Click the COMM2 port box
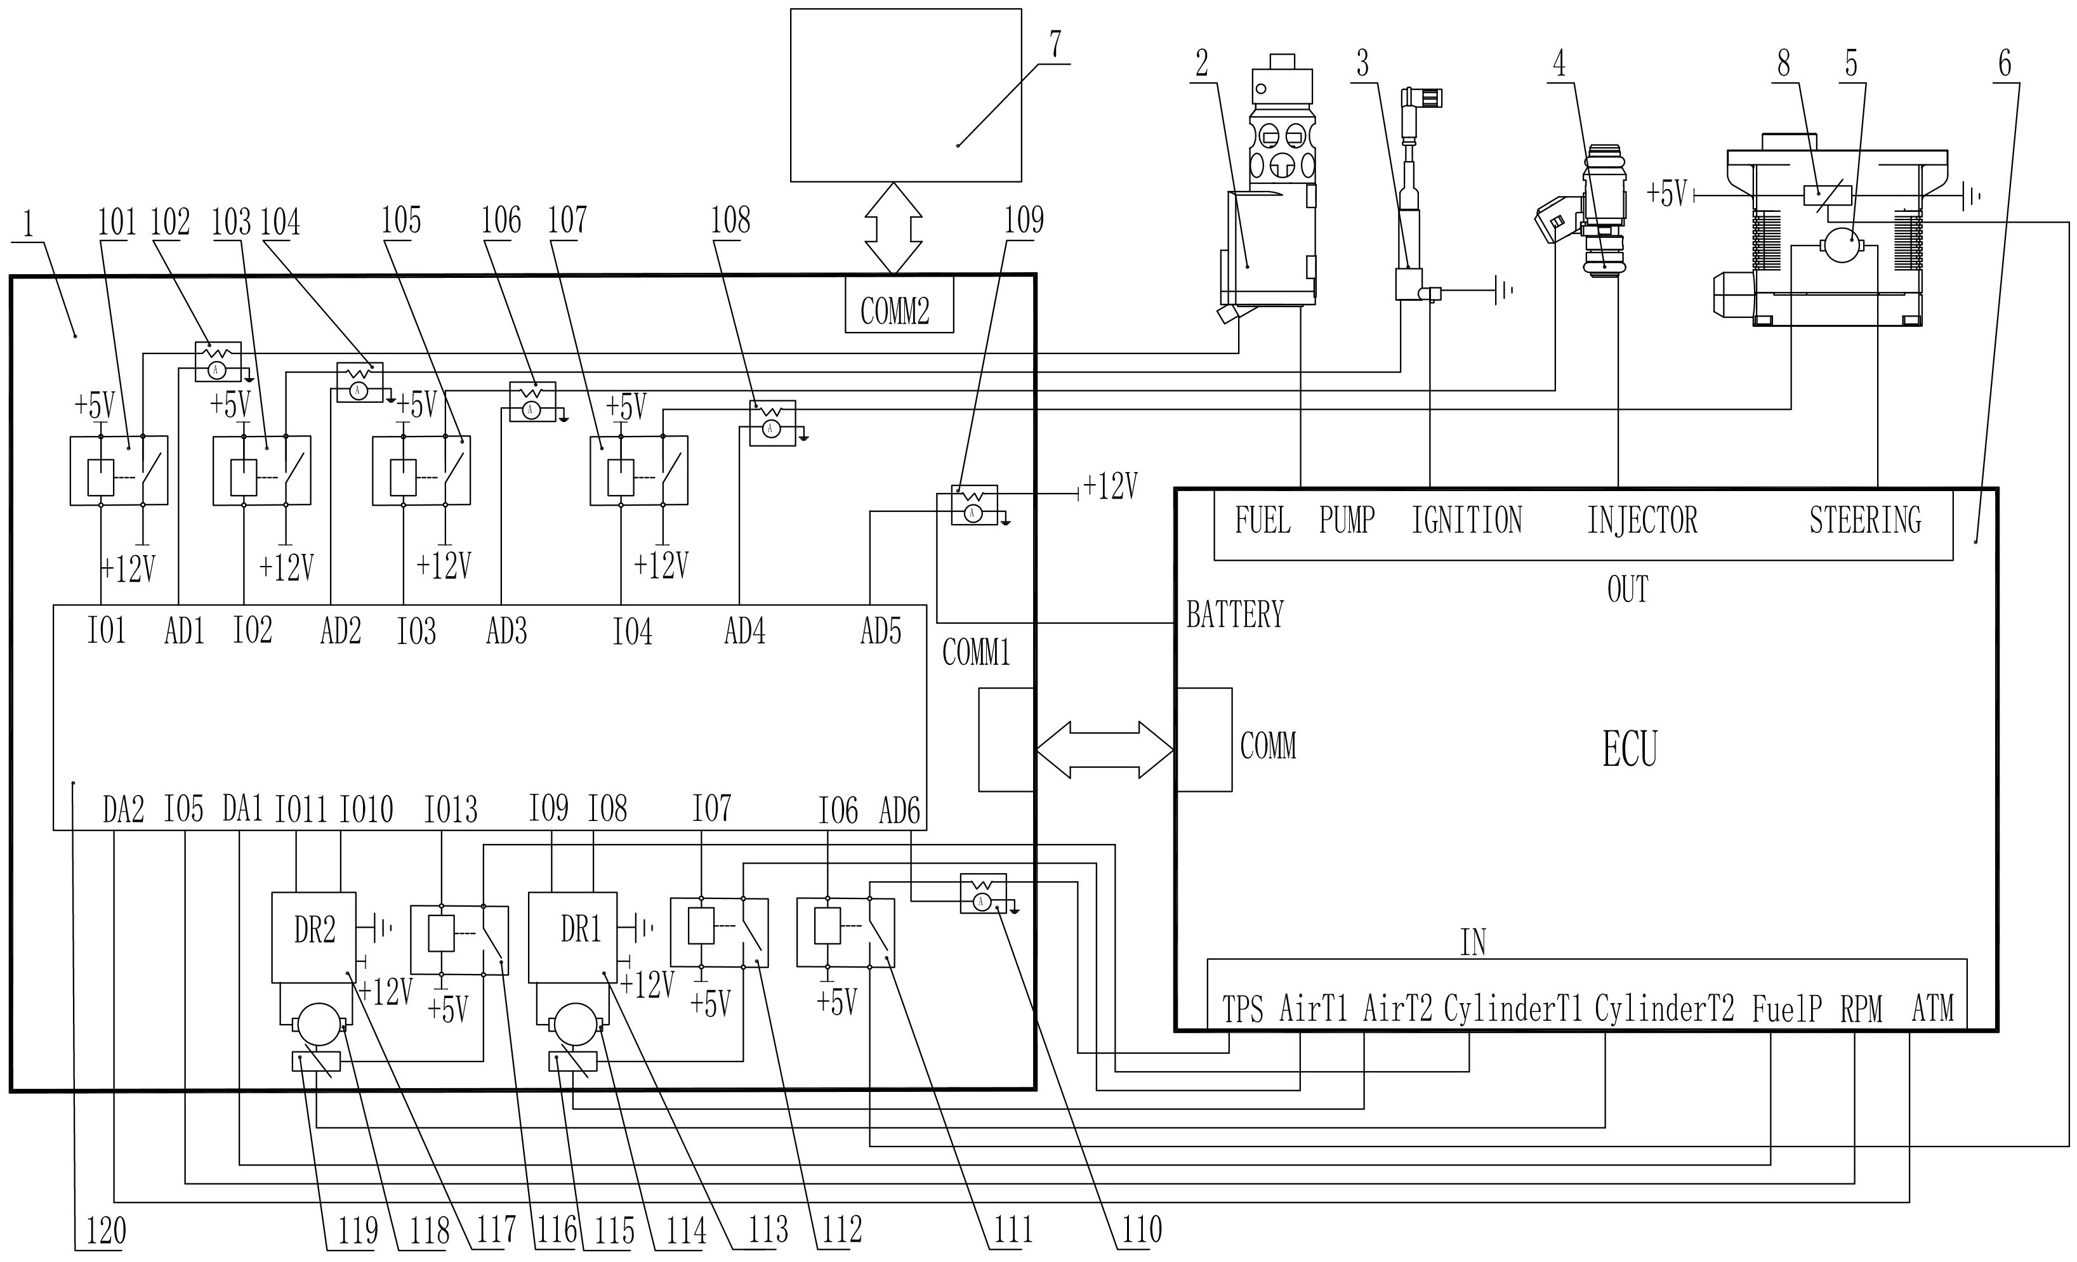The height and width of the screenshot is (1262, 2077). (899, 305)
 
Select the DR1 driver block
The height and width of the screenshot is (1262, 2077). (572, 937)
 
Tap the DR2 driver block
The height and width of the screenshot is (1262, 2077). (313, 937)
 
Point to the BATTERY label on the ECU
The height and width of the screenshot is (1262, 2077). (1235, 615)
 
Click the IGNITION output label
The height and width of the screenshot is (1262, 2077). (1467, 520)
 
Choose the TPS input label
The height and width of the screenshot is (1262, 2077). (1243, 1009)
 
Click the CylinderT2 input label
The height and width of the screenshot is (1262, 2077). (1664, 1009)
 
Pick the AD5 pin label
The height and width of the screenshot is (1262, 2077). (880, 631)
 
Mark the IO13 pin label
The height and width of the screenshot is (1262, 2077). (450, 810)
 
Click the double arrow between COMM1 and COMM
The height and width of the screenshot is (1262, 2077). (1104, 749)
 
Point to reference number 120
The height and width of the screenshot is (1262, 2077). (106, 1231)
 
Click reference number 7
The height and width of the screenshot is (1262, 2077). (1055, 44)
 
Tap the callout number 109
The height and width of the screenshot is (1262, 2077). (1024, 221)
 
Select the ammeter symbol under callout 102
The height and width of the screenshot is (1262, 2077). (216, 370)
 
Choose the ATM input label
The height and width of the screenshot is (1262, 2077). (1932, 1009)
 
